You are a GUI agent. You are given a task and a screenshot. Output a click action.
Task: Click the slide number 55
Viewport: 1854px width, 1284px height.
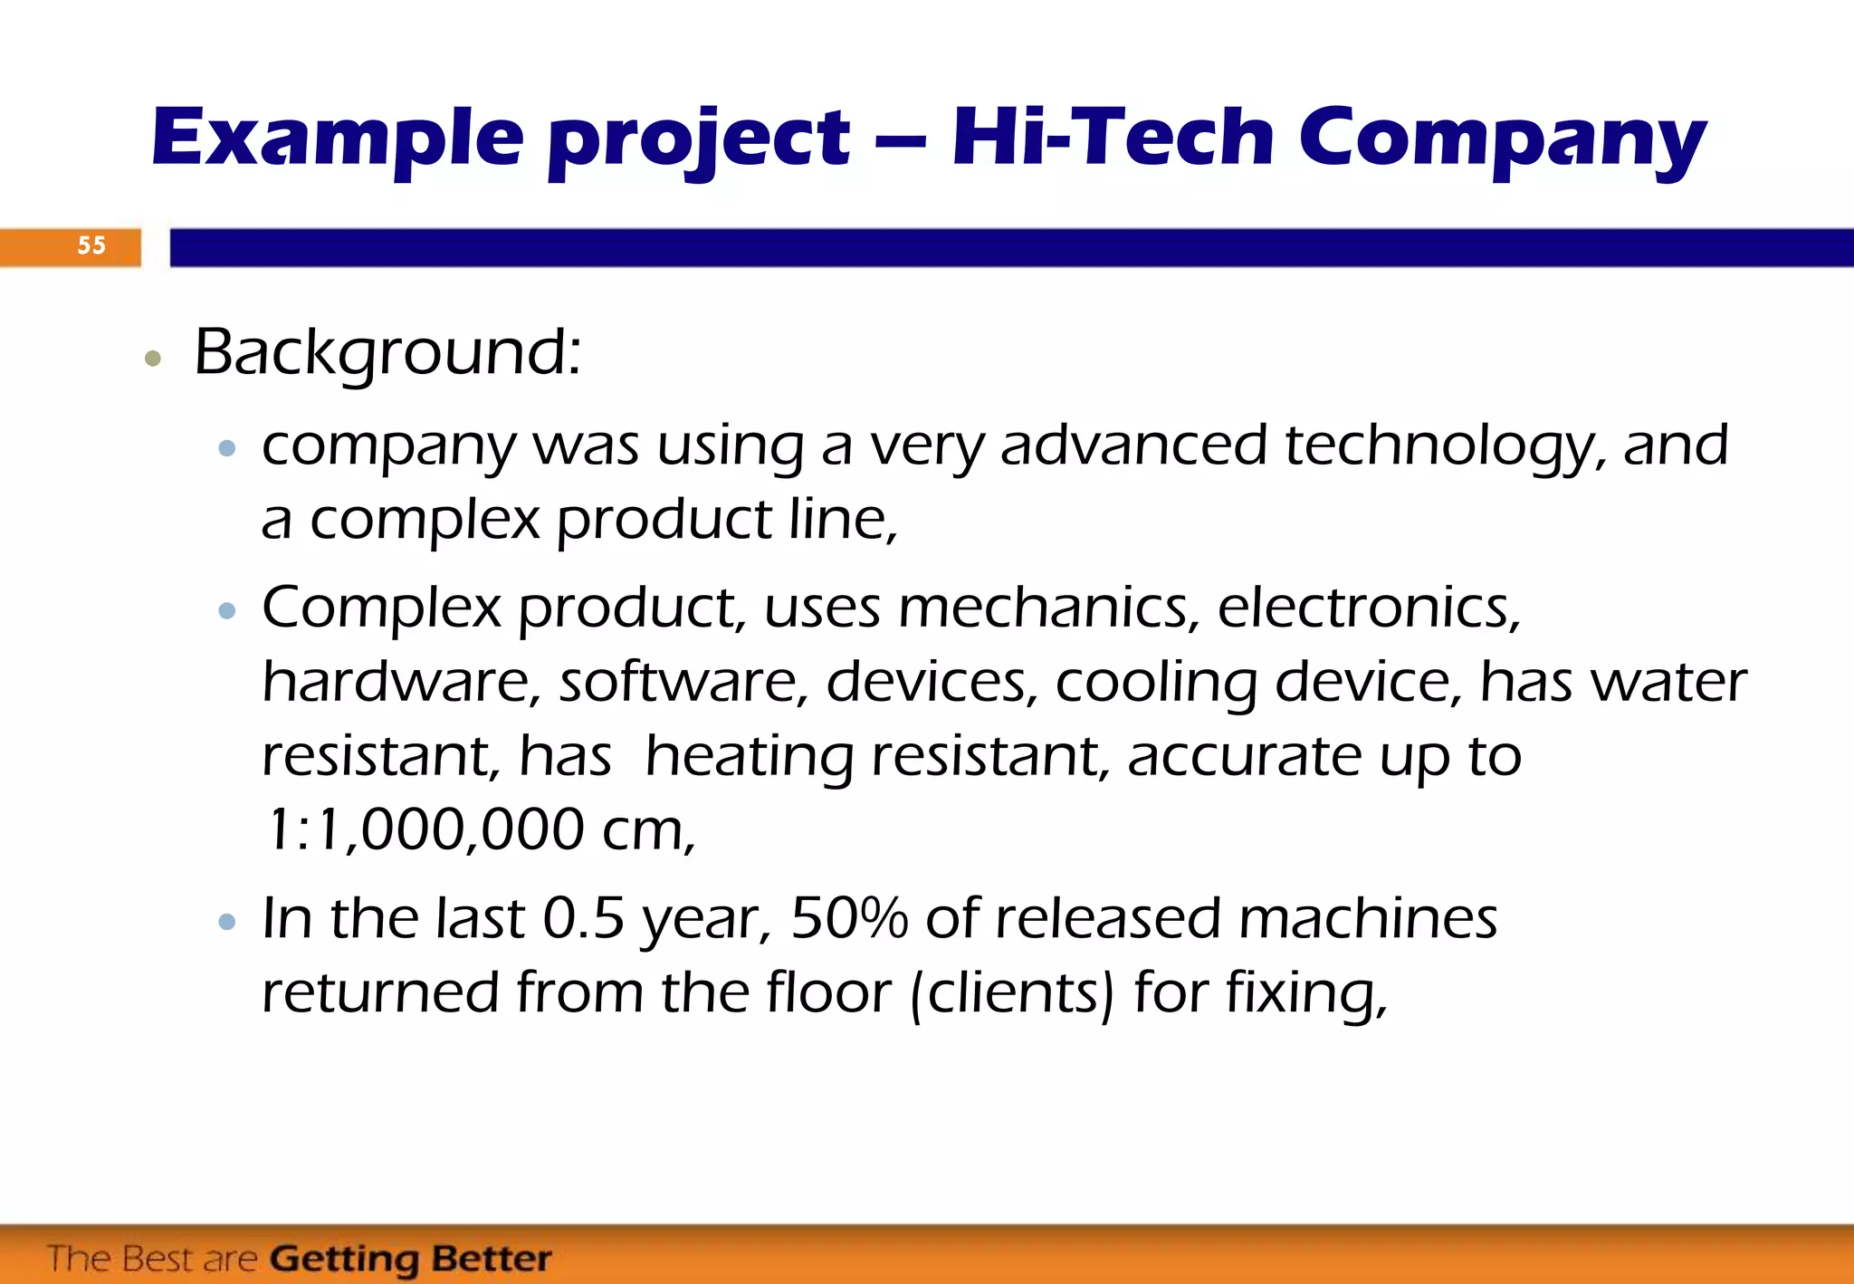click(91, 245)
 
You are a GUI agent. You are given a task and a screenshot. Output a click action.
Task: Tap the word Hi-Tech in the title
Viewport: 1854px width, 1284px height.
click(1113, 137)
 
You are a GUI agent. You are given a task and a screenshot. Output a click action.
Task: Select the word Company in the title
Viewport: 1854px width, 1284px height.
click(1503, 139)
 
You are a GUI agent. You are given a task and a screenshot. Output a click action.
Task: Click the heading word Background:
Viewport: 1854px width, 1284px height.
click(387, 352)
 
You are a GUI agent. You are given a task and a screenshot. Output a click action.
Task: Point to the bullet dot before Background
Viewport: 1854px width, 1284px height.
click(153, 359)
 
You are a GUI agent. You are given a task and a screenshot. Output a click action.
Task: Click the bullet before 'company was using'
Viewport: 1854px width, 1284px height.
click(227, 447)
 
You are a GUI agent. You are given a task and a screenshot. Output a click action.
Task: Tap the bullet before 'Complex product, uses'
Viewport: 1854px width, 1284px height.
click(227, 611)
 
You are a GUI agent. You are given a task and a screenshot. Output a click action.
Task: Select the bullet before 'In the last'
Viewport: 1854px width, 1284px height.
click(227, 923)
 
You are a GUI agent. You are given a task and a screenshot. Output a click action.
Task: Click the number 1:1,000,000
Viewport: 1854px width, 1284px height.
click(424, 829)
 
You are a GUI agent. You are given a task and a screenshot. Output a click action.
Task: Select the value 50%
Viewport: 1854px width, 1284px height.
click(848, 919)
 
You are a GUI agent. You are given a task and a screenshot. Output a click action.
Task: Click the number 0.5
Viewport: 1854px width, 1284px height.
click(583, 919)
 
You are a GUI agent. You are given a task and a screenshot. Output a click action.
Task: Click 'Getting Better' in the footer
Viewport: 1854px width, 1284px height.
click(410, 1259)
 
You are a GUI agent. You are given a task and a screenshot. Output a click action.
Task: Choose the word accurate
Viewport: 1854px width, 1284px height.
click(1244, 756)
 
